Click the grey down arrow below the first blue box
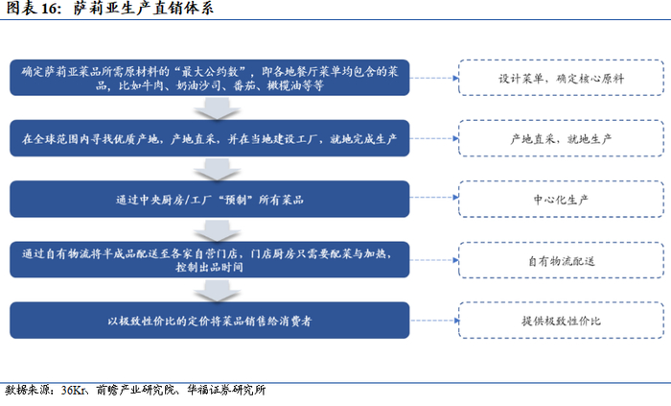pyautogui.click(x=220, y=108)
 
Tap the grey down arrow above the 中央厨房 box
pyautogui.click(x=220, y=170)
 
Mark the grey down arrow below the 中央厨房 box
pyautogui.click(x=220, y=230)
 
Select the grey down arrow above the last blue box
pyautogui.click(x=220, y=289)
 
